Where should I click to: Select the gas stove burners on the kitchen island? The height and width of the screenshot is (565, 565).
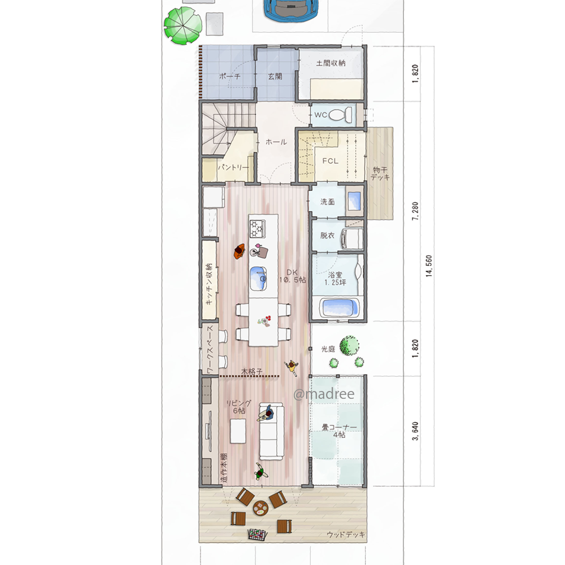click(x=257, y=228)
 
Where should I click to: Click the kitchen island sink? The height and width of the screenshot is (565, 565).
click(x=258, y=278)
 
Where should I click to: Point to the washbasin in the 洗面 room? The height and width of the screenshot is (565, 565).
click(x=354, y=201)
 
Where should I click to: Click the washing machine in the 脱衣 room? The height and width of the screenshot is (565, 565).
click(x=353, y=238)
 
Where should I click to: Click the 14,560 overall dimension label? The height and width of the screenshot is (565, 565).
click(x=429, y=266)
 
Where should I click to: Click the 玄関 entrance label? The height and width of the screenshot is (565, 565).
click(x=275, y=76)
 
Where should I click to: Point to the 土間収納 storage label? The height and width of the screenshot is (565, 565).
click(x=331, y=63)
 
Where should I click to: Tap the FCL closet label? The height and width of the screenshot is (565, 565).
click(x=331, y=160)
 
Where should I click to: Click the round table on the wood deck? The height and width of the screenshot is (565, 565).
click(x=260, y=508)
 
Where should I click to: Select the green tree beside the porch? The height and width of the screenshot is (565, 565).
click(x=182, y=25)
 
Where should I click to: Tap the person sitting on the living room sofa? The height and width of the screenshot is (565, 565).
click(x=266, y=414)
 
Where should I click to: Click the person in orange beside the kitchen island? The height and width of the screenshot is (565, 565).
click(x=239, y=251)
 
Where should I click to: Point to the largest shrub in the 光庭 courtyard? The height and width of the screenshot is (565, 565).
click(x=349, y=346)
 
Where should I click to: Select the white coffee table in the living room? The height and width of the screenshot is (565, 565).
click(x=238, y=431)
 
